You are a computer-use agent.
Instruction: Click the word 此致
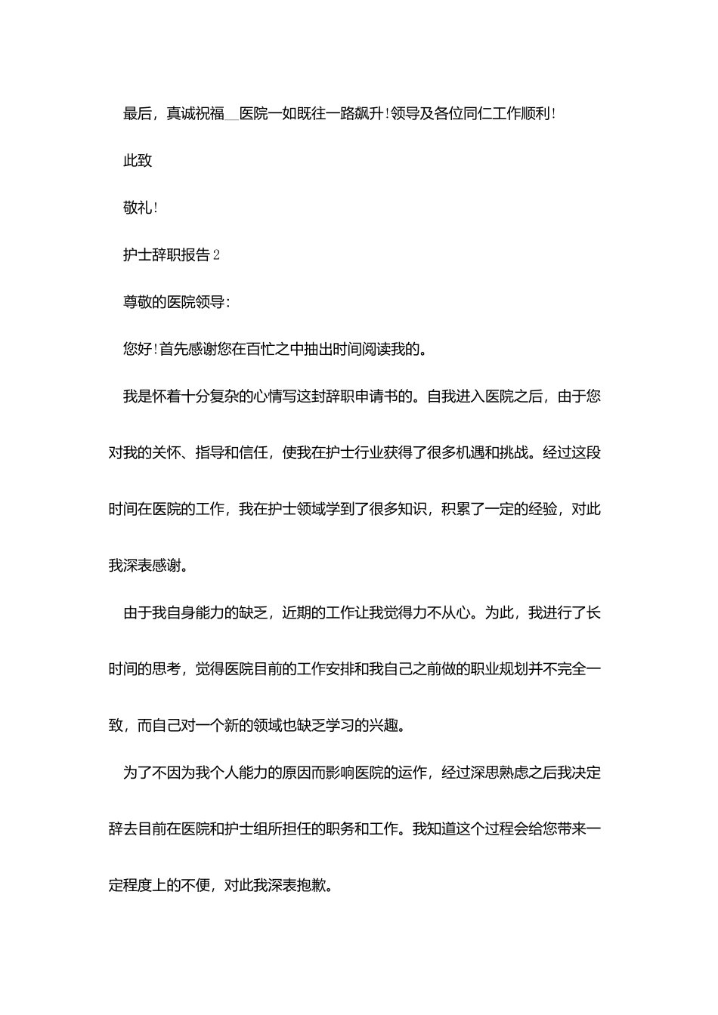tap(138, 161)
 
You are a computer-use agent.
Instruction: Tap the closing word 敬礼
tap(138, 208)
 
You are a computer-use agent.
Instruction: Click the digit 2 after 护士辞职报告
tap(216, 255)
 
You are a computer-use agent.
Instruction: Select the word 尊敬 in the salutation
tap(138, 302)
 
